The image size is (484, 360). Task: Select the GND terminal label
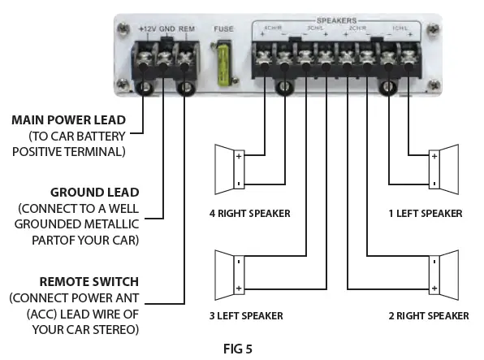168,30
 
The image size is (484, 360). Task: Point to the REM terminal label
188,30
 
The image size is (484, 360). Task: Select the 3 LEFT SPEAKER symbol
226,275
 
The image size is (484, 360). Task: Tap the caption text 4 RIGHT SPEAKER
249,215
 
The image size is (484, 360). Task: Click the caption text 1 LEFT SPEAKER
425,215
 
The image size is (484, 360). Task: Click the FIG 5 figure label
240,349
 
